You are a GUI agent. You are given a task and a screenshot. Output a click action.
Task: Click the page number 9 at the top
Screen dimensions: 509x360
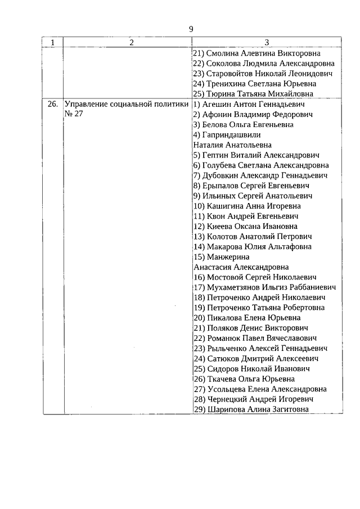[x=191, y=29]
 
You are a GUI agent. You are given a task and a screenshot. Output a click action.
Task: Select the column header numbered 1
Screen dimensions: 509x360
[x=53, y=42]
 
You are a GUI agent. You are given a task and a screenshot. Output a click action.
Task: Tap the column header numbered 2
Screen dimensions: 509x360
[x=130, y=42]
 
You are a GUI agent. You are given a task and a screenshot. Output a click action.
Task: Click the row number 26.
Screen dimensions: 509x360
[x=52, y=104]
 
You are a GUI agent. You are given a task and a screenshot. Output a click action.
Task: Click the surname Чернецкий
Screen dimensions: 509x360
[x=227, y=399]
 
